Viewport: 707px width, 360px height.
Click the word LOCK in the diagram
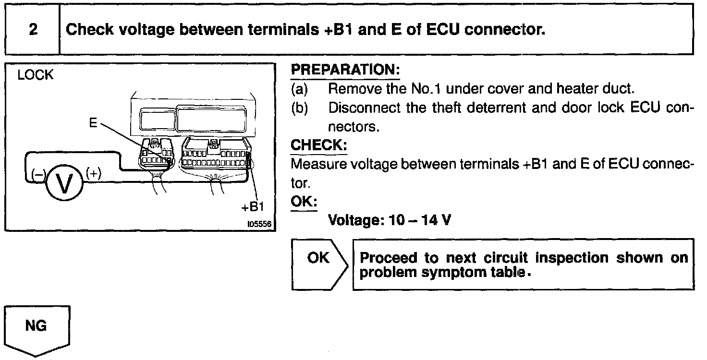(x=36, y=76)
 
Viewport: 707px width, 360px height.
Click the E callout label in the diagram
(x=93, y=123)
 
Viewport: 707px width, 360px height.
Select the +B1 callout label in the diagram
(x=253, y=207)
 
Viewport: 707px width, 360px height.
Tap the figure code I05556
(x=259, y=224)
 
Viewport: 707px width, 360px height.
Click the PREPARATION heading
(x=345, y=70)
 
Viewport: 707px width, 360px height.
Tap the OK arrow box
(x=319, y=264)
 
